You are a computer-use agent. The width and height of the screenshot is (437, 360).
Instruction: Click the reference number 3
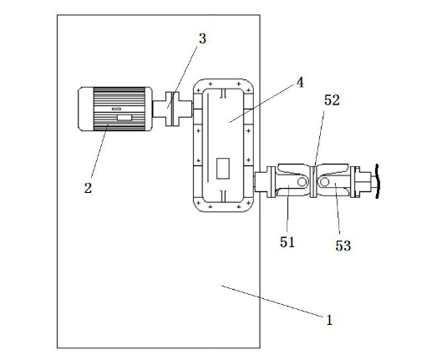202,38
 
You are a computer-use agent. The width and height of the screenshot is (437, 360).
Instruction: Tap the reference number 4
300,83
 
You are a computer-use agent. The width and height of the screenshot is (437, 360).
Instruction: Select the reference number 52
332,100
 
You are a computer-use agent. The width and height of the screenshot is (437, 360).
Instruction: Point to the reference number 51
287,242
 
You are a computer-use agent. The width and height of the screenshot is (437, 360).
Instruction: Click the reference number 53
343,246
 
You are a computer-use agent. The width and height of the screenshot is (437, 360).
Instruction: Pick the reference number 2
88,188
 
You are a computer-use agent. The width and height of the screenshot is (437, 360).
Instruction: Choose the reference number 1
329,320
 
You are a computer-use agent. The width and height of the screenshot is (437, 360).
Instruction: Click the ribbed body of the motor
119,109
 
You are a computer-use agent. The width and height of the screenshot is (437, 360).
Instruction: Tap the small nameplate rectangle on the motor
124,118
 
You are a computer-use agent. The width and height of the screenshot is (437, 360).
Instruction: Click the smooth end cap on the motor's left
85,109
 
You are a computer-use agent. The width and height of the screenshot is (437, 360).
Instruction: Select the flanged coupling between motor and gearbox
173,109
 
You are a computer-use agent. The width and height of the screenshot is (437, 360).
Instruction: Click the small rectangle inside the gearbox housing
223,168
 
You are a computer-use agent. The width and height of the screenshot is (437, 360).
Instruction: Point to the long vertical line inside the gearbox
208,138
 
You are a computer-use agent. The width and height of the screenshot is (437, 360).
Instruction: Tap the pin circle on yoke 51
302,182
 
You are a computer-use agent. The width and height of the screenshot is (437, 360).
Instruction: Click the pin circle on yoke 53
325,182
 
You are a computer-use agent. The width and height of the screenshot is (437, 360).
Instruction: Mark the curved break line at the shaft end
378,181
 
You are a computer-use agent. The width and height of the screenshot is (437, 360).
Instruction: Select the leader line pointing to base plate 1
272,302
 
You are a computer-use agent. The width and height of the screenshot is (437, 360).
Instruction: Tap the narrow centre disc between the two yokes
313,182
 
